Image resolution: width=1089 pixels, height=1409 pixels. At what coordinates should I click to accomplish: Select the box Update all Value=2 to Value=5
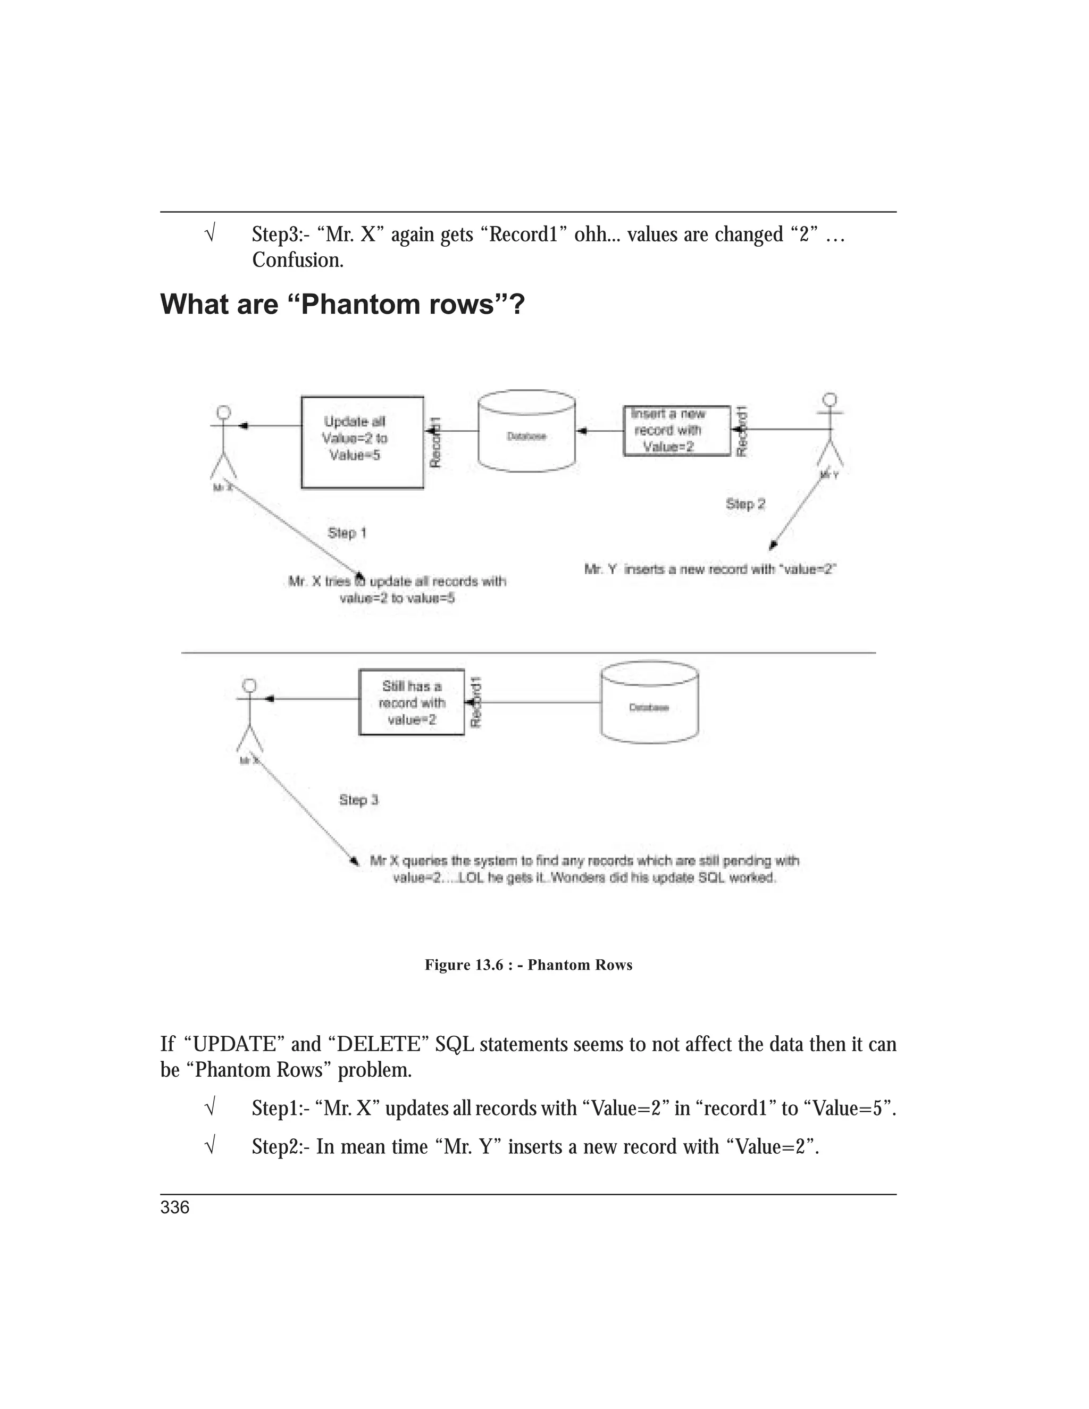[362, 442]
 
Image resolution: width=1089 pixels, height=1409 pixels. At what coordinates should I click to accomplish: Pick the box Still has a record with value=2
[411, 702]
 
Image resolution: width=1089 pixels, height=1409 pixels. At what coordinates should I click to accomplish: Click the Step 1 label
[347, 533]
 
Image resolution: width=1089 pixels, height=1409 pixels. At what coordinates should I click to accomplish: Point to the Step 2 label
[745, 504]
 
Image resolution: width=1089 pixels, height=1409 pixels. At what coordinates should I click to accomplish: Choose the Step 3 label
[359, 800]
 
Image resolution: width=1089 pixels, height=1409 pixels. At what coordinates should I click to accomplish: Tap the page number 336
[175, 1207]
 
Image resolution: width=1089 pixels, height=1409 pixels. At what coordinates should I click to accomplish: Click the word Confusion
[297, 260]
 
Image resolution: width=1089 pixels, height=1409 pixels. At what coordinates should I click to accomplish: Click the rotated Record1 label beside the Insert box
[742, 431]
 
